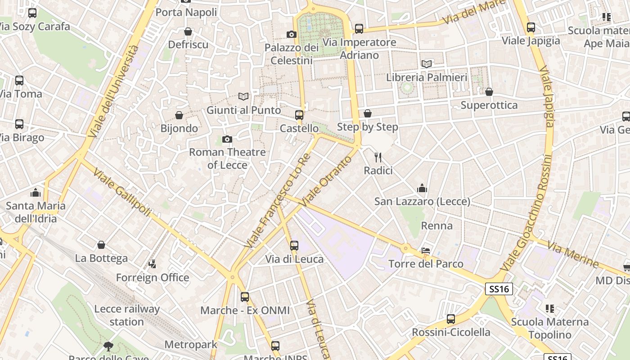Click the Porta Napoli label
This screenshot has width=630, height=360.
(x=186, y=12)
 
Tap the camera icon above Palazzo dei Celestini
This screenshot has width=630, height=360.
(x=292, y=34)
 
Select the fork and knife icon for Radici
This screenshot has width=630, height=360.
(x=378, y=157)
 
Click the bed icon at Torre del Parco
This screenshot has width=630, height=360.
(x=426, y=250)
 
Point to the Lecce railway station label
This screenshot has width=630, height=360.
(x=126, y=315)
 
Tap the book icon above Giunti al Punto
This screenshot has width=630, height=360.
(x=243, y=96)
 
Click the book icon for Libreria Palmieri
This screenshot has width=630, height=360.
(x=427, y=64)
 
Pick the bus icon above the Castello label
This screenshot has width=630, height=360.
(x=299, y=115)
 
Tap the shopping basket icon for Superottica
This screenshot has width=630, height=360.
(x=489, y=92)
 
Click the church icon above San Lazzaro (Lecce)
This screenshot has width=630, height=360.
(x=422, y=188)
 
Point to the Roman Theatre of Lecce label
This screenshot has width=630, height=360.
(x=227, y=158)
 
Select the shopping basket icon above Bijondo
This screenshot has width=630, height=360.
(x=179, y=115)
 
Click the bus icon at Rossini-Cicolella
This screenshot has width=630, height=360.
(x=451, y=319)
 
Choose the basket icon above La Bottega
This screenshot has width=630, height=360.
(x=101, y=245)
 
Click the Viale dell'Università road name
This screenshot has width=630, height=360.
(x=113, y=91)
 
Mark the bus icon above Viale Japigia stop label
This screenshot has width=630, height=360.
(x=531, y=27)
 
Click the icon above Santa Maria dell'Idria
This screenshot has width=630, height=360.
(x=36, y=193)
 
